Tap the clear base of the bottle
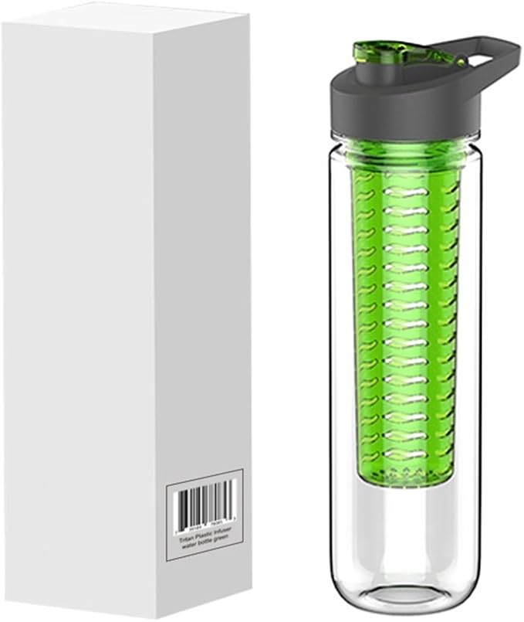click(x=404, y=595)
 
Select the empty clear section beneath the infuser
click(x=404, y=533)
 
